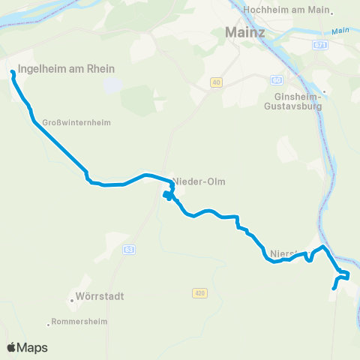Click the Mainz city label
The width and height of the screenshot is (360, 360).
coord(244,33)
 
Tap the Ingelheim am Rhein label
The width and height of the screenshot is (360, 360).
coord(66,69)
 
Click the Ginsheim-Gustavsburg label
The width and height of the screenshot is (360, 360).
coord(298,102)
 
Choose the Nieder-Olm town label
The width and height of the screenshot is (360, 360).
coord(199,181)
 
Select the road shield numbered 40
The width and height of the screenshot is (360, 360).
coord(217,82)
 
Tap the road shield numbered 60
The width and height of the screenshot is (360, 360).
coord(276,79)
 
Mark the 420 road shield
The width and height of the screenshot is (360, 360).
coord(198,292)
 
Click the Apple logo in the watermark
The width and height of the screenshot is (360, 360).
coord(12,347)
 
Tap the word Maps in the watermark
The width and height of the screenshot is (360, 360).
coord(34,347)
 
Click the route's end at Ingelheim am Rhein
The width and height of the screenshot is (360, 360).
coord(13,73)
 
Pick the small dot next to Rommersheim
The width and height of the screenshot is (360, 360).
coord(49,322)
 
